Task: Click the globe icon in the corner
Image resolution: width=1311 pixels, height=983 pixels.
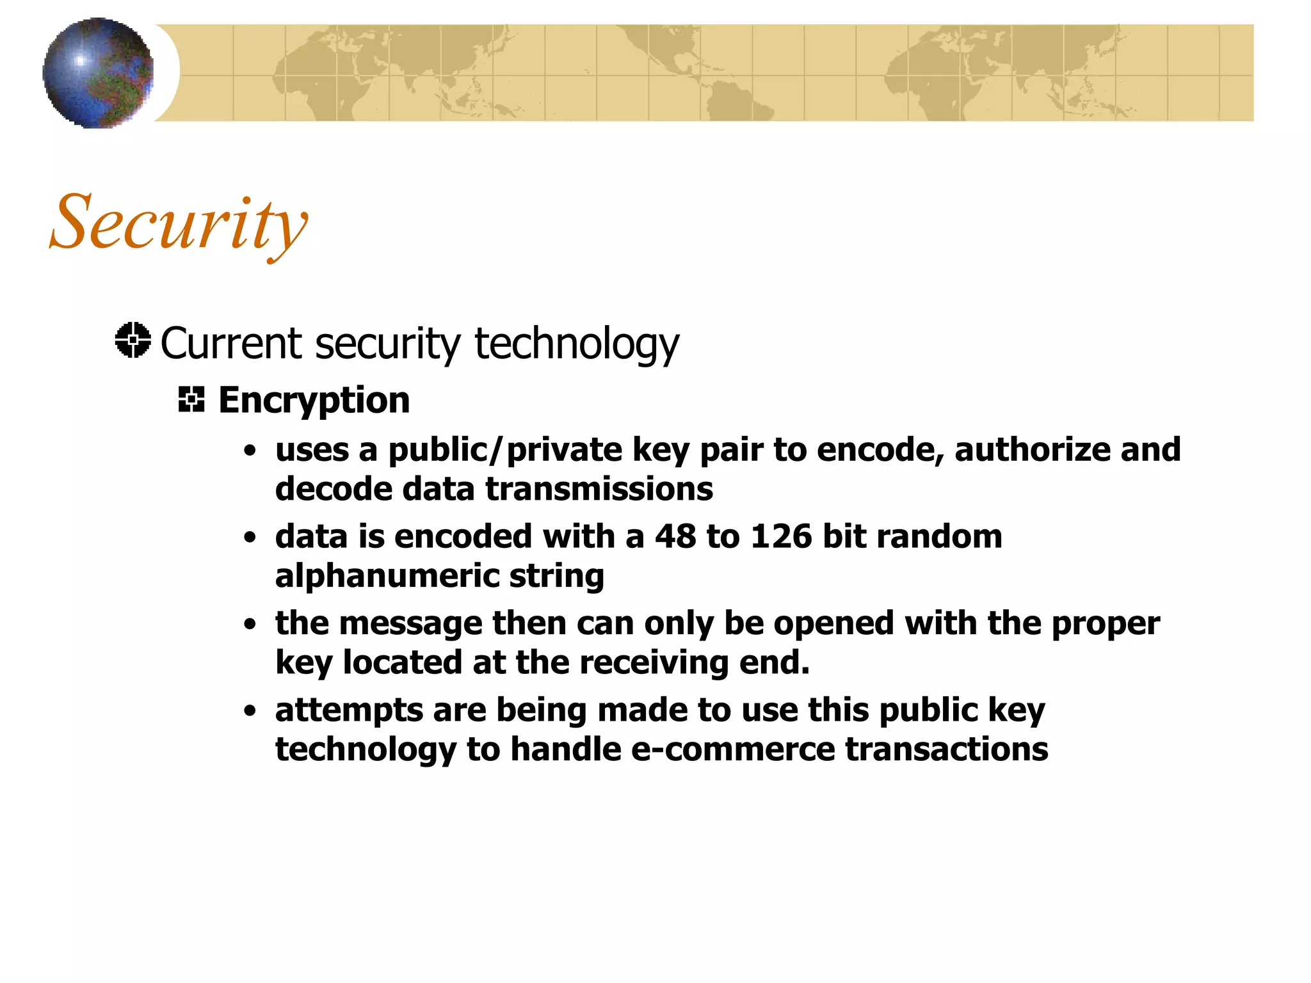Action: pyautogui.click(x=98, y=73)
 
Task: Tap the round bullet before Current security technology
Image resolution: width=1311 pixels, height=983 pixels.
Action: pyautogui.click(x=133, y=340)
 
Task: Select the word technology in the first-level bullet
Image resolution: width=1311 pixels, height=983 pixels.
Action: pyautogui.click(x=576, y=344)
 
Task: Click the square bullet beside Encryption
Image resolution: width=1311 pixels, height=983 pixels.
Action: pyautogui.click(x=191, y=399)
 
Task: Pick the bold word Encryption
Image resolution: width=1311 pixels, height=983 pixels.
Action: pyautogui.click(x=314, y=401)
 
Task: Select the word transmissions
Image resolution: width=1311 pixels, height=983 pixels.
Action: pyautogui.click(x=599, y=489)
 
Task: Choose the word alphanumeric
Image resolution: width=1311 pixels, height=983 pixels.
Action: pyautogui.click(x=387, y=576)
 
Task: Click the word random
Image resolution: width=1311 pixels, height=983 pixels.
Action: pyautogui.click(x=939, y=536)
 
